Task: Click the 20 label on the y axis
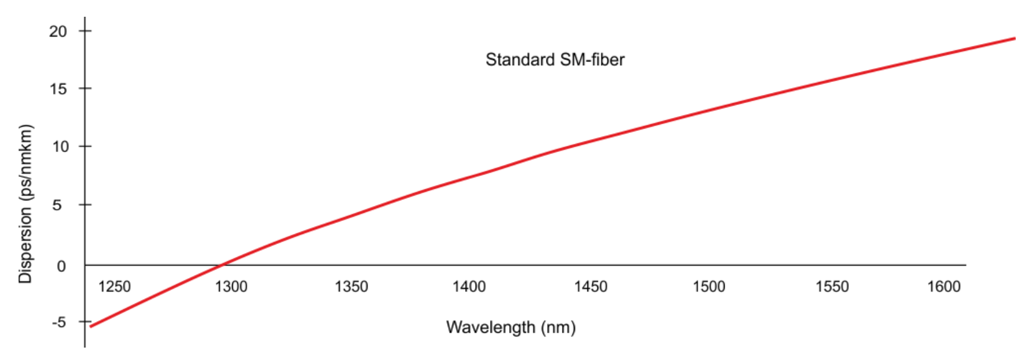tap(58, 31)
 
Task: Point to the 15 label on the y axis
tap(58, 89)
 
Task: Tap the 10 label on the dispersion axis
tap(60, 146)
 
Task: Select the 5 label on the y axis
tap(57, 205)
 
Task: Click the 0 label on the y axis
tap(61, 266)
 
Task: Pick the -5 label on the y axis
tap(58, 322)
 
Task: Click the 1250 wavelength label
tap(114, 286)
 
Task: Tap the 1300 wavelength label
tap(231, 286)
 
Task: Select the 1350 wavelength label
tap(351, 286)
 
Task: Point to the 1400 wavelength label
tap(469, 286)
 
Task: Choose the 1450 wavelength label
tap(591, 286)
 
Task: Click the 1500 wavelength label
tap(709, 286)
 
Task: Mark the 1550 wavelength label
tap(832, 286)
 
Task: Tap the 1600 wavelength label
tap(944, 286)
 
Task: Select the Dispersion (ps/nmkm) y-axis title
tap(25, 204)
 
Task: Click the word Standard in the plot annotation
tap(520, 60)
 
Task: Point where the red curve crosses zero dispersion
tap(221, 266)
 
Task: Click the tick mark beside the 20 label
tap(85, 30)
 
